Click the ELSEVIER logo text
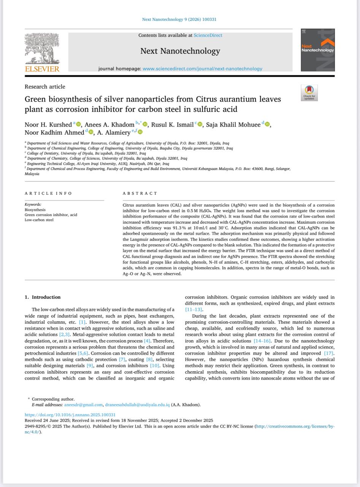coord(42,69)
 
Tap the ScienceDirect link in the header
coord(208,35)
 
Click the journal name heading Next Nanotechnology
coord(180,51)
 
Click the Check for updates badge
coord(309,93)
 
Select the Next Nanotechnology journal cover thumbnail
coord(317,50)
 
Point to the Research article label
coord(45,87)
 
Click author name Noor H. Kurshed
coord(48,124)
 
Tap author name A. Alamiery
coord(113,132)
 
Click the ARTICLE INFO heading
coord(48,193)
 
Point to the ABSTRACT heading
coord(140,193)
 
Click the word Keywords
coord(33,204)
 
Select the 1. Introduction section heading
coord(43,297)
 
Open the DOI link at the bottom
coord(70,415)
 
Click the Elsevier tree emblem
coord(42,49)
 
